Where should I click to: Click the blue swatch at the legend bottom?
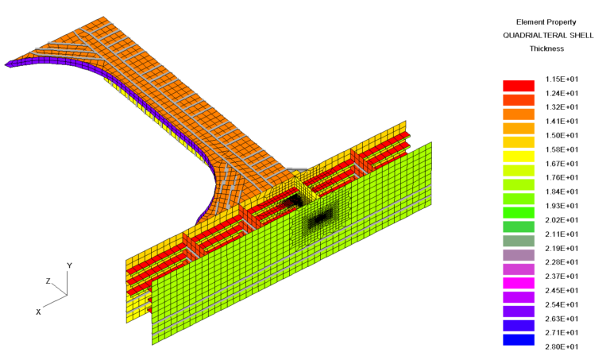coord(518,340)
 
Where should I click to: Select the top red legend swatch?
coord(518,86)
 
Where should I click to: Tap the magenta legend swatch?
coord(518,284)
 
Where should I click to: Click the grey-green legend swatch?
coord(518,241)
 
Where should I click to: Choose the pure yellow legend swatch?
coord(518,157)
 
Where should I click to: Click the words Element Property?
coord(546,21)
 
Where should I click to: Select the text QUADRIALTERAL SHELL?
coord(546,35)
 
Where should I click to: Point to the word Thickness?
coord(546,48)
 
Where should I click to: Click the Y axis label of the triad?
coord(70,265)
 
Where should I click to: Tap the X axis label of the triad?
coord(38,312)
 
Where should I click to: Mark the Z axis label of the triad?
coord(48,281)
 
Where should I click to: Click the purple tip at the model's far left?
coord(10,64)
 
